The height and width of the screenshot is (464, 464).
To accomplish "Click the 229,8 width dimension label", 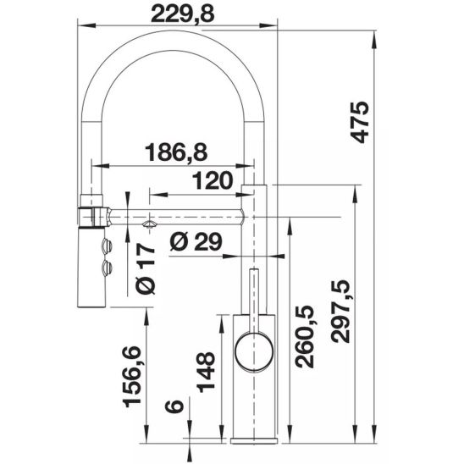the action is click(182, 14).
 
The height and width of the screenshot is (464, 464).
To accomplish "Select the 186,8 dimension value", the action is click(176, 152).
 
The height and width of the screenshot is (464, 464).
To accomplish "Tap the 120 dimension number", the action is click(213, 180).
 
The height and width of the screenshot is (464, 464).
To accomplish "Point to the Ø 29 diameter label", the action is click(196, 241).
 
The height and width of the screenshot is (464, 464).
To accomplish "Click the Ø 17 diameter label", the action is click(146, 268).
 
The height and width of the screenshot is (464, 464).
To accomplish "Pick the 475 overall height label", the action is click(359, 122).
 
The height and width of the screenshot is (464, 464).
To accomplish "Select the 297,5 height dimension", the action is click(340, 311).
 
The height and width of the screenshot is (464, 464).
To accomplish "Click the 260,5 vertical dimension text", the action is click(305, 337).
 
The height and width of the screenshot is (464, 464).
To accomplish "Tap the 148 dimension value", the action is click(206, 372).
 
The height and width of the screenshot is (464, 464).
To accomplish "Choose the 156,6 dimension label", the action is click(131, 377).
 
